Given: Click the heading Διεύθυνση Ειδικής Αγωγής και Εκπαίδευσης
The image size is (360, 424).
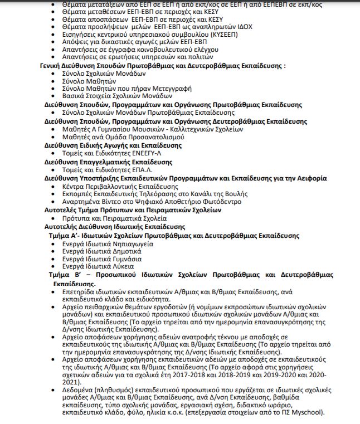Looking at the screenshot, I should (113, 145).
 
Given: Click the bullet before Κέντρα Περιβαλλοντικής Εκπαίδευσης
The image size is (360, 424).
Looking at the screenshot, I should (53, 186).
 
